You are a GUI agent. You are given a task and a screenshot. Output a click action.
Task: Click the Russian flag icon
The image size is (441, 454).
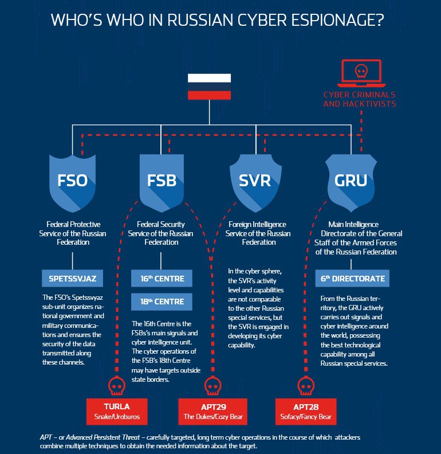click(209, 87)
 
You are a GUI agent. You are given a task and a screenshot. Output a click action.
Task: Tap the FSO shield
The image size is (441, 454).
click(72, 183)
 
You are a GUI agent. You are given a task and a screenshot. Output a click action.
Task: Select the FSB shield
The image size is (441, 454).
click(162, 183)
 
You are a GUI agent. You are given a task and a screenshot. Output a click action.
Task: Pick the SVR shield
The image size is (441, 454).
click(255, 183)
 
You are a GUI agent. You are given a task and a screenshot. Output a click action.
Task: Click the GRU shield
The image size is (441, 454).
click(351, 183)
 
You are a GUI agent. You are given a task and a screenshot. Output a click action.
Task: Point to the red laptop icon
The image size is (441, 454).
click(361, 73)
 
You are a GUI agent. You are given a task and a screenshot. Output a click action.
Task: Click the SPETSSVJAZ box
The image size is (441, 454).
click(72, 279)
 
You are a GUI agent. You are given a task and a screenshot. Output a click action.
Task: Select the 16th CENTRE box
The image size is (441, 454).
click(162, 279)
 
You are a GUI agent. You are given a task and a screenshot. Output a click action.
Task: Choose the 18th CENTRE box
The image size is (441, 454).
click(162, 302)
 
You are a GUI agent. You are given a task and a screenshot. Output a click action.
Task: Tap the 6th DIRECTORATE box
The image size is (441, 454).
click(352, 279)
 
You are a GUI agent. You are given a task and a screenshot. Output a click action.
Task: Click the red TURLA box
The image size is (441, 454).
click(117, 412)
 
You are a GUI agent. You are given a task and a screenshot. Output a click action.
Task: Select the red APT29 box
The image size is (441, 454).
click(213, 412)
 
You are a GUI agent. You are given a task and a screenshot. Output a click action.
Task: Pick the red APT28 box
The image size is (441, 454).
click(306, 412)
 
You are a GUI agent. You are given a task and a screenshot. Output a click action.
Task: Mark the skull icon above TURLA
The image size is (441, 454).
click(117, 386)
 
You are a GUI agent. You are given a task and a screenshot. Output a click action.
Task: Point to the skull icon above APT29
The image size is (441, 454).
click(213, 386)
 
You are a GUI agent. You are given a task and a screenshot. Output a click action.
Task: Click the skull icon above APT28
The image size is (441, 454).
click(306, 386)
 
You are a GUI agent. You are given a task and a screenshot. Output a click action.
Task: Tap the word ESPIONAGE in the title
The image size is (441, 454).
click(337, 20)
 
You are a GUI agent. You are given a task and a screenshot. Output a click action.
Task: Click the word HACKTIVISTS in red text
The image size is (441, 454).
click(369, 104)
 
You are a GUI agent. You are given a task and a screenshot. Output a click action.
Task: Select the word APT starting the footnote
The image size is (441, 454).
click(46, 437)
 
